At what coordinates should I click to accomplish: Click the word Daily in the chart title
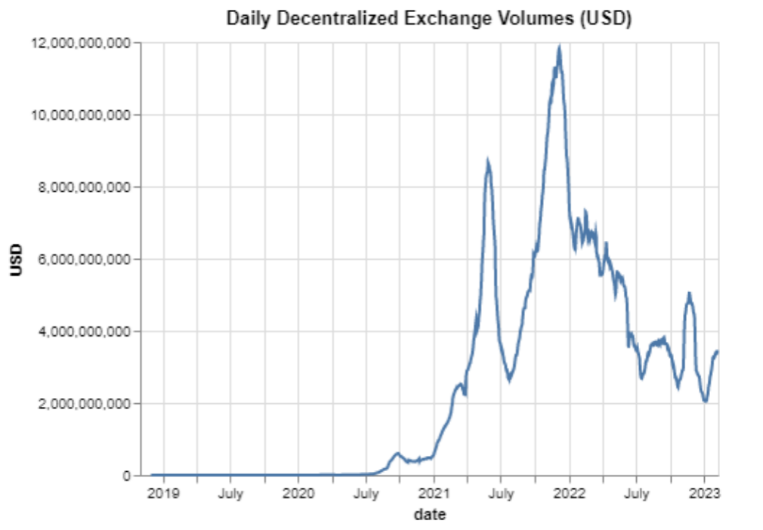coord(244,19)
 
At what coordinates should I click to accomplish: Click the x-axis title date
coord(430,516)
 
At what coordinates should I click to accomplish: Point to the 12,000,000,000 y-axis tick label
coord(81,43)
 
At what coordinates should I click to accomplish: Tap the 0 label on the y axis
coord(128,476)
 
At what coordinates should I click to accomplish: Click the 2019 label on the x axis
coord(163,494)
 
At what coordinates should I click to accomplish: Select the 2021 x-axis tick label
coord(434,494)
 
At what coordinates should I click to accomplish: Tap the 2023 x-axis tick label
coord(704,494)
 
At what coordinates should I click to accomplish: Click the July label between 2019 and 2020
coord(230,494)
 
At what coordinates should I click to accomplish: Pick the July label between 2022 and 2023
coord(636,494)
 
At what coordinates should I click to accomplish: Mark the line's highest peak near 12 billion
coord(559,47)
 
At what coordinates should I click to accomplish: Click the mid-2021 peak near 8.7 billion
coord(488,161)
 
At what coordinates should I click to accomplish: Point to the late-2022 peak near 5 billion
coord(689,293)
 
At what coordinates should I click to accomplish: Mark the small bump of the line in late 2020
coord(397,453)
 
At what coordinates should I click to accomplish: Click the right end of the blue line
coord(718,351)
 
